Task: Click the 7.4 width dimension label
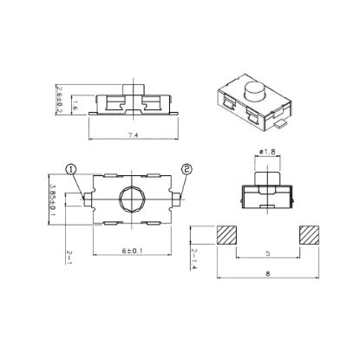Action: click(x=133, y=135)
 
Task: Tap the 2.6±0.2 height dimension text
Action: click(x=59, y=100)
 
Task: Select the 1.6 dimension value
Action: click(x=75, y=105)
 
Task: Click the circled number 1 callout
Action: click(x=71, y=169)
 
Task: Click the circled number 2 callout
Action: click(x=187, y=169)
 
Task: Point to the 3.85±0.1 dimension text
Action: click(x=53, y=200)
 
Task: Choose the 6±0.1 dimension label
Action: click(x=132, y=251)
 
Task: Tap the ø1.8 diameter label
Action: click(x=267, y=152)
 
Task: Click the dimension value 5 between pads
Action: click(x=268, y=253)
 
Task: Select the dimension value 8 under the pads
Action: click(x=268, y=274)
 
